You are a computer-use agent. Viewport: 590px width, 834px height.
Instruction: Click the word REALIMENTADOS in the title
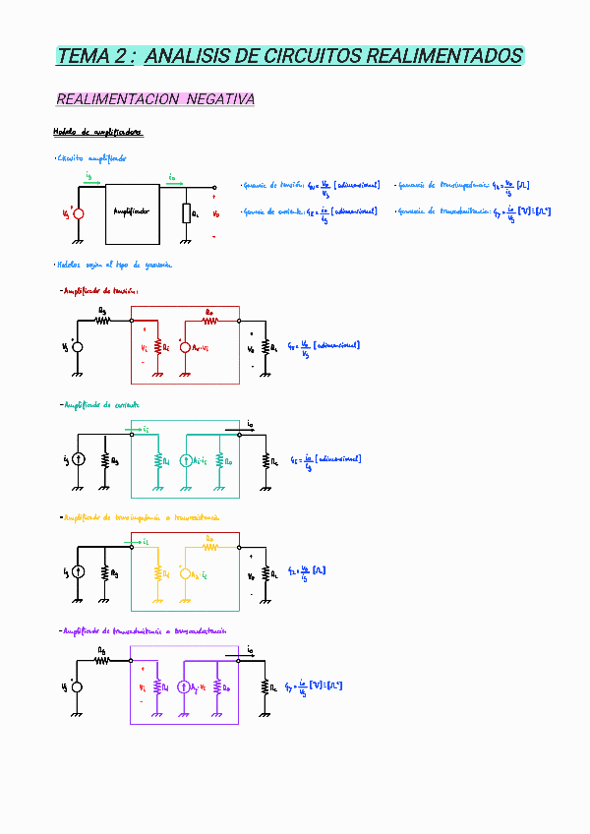tap(444, 56)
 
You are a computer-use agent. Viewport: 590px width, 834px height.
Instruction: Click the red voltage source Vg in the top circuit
tap(79, 213)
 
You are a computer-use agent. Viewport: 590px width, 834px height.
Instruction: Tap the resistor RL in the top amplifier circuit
tap(185, 213)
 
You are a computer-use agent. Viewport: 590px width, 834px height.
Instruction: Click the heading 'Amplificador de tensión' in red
tap(101, 290)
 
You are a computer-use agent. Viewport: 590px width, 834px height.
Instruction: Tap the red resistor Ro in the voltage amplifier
tap(209, 319)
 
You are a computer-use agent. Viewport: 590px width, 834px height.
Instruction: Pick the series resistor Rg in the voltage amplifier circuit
tap(102, 319)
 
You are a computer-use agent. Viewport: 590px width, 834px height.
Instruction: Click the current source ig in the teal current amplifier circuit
tap(79, 459)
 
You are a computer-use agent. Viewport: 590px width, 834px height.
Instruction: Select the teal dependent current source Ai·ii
tap(185, 459)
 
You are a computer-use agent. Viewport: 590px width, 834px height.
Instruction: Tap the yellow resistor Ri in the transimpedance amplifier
tap(156, 572)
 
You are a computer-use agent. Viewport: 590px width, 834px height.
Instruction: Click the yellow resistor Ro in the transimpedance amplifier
tap(209, 544)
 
